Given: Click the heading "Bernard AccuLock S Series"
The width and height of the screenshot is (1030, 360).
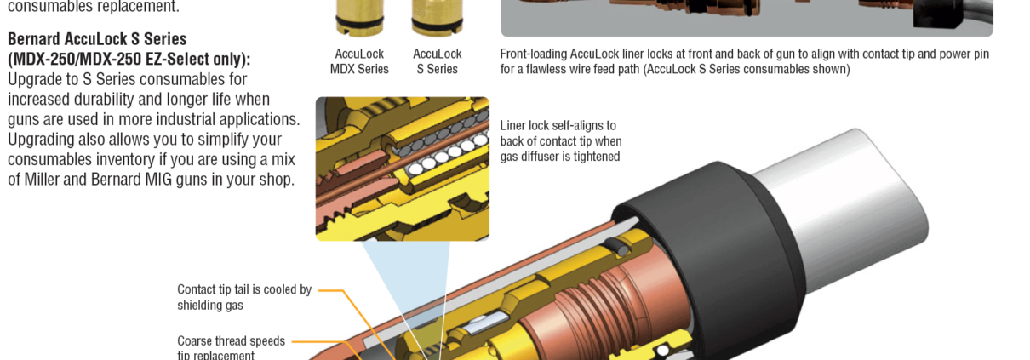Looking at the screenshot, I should pyautogui.click(x=97, y=39).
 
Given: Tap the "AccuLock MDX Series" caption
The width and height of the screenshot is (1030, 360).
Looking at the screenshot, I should pyautogui.click(x=359, y=61).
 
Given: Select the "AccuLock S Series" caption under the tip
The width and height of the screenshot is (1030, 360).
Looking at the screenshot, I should pyautogui.click(x=438, y=61).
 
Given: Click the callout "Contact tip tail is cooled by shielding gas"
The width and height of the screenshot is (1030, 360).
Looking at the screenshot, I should pyautogui.click(x=244, y=297).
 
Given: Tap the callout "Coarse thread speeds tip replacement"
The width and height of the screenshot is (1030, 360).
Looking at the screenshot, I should pyautogui.click(x=231, y=347).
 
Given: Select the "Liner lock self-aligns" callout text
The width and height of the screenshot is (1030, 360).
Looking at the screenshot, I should pyautogui.click(x=561, y=141).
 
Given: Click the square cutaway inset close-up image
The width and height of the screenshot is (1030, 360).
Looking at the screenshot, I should pyautogui.click(x=402, y=169).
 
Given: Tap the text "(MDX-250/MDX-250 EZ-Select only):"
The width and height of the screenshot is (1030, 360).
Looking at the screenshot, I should pyautogui.click(x=129, y=60).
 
